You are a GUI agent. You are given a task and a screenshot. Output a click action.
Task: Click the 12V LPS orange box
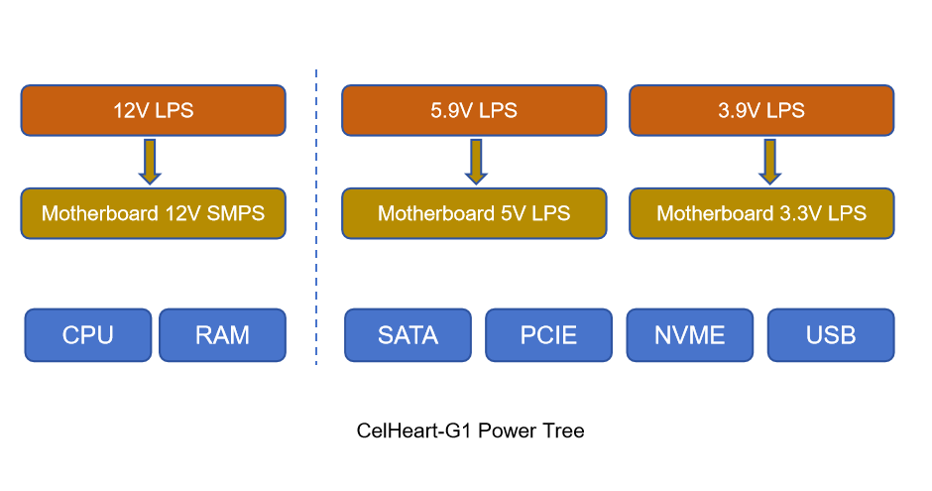click(153, 110)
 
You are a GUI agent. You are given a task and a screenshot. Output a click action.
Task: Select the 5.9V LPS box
click(474, 110)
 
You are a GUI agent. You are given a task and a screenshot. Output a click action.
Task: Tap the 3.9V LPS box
click(761, 110)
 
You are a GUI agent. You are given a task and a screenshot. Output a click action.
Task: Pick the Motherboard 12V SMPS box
click(153, 213)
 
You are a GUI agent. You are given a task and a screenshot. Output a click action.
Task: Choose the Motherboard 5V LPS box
click(474, 213)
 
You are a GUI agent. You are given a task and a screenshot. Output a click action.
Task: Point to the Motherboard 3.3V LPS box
click(761, 213)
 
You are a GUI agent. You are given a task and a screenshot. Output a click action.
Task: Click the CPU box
click(88, 335)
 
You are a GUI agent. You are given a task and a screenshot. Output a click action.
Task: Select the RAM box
click(222, 335)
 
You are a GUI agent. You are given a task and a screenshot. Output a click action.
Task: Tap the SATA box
click(408, 335)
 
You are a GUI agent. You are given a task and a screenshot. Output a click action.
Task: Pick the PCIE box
click(548, 335)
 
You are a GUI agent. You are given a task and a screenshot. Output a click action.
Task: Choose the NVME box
click(690, 335)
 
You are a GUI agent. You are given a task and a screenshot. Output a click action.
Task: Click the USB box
click(831, 335)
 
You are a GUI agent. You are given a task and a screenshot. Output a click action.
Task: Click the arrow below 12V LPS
click(150, 162)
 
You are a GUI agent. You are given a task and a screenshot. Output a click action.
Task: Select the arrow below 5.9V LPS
click(476, 162)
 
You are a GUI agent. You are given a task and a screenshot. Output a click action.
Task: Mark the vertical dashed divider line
click(316, 218)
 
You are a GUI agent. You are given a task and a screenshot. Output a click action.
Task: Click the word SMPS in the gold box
click(235, 213)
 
